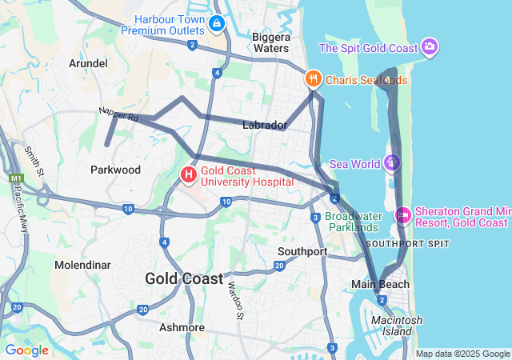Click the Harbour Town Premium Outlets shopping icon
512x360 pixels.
tap(216, 24)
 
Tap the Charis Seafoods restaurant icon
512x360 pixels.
tap(313, 79)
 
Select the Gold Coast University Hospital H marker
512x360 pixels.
tap(189, 174)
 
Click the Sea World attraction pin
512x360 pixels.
tap(391, 163)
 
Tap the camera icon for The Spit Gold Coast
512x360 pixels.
tap(430, 47)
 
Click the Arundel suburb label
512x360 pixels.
tap(88, 63)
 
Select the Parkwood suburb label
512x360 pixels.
tap(115, 170)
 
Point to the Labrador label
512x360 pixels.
tap(264, 126)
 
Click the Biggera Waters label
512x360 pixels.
tap(270, 42)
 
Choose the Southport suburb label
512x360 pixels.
tap(302, 251)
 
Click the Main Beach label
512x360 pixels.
tap(380, 284)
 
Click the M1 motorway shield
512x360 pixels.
tap(15, 178)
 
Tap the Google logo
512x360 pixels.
tap(26, 350)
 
